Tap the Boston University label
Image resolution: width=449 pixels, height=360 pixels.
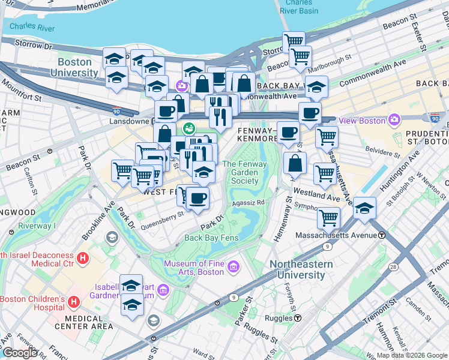pyautogui.click(x=78, y=67)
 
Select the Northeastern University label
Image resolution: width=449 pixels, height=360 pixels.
pyautogui.click(x=301, y=269)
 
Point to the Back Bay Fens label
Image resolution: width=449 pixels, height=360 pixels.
pyautogui.click(x=212, y=238)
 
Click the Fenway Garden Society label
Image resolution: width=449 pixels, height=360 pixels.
pyautogui.click(x=240, y=172)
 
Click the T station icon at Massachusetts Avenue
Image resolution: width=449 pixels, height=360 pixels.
pyautogui.click(x=382, y=235)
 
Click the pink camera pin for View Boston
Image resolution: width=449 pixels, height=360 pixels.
pyautogui.click(x=394, y=119)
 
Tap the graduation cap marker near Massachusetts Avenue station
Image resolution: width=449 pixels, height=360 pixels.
pyautogui.click(x=364, y=208)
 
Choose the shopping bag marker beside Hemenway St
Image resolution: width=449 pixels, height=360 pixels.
pyautogui.click(x=295, y=163)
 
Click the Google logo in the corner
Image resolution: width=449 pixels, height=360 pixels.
pyautogui.click(x=20, y=353)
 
